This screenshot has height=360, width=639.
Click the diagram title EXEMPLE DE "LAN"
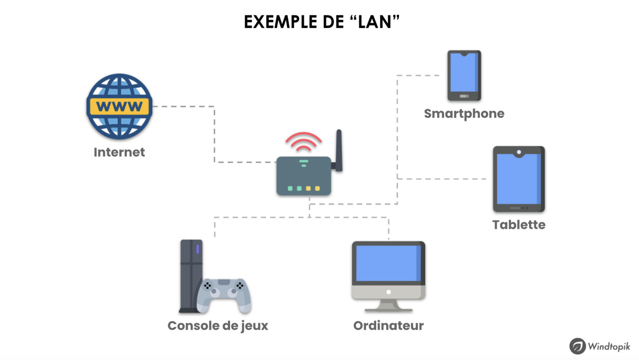[x=322, y=22]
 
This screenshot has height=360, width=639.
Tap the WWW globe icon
[x=119, y=106]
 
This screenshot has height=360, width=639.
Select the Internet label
[x=119, y=152]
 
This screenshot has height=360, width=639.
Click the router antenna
[x=339, y=150]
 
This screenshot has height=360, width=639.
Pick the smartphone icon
[x=464, y=75]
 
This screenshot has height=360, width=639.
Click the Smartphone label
[x=464, y=114]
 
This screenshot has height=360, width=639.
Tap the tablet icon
[x=519, y=179]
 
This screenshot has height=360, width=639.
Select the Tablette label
[x=519, y=225]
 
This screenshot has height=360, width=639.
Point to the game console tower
[x=191, y=275]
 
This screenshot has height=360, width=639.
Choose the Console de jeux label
[x=218, y=325]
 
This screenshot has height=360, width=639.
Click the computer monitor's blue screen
[x=388, y=263]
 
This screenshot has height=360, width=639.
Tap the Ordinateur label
[x=389, y=325]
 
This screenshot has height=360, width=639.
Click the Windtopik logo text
[x=609, y=346]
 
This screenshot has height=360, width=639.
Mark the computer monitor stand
[x=389, y=307]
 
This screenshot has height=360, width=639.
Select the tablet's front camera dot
[x=519, y=152]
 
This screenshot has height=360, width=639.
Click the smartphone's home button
[x=464, y=96]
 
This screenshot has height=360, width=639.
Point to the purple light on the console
[x=198, y=249]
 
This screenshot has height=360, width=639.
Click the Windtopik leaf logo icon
[x=577, y=346]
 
